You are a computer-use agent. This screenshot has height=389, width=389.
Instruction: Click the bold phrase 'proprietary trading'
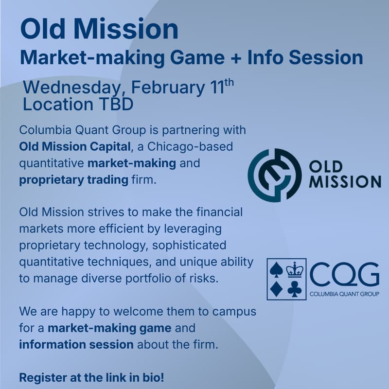pyautogui.click(x=73, y=180)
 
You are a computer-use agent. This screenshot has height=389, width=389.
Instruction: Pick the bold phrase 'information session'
pyautogui.click(x=76, y=345)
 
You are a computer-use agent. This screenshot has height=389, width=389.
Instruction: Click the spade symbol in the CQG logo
pyautogui.click(x=277, y=270)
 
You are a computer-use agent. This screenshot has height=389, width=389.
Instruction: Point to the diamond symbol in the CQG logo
pyautogui.click(x=277, y=289)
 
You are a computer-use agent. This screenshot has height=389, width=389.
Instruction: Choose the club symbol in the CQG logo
pyautogui.click(x=295, y=289)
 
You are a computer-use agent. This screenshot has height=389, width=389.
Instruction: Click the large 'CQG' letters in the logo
pyautogui.click(x=344, y=276)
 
